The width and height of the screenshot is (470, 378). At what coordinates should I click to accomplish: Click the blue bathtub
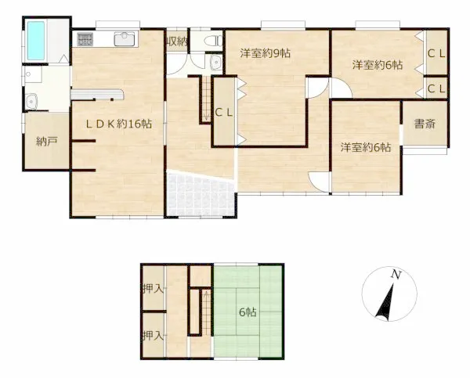(36, 41)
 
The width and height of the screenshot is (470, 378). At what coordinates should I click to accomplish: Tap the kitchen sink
(124, 39)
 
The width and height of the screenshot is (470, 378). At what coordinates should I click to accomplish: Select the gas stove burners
(85, 39)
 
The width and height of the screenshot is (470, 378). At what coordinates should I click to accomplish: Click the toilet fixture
(213, 41)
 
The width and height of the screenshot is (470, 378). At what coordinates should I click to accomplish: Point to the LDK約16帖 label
(119, 124)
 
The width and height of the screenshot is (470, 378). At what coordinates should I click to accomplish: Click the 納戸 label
(46, 142)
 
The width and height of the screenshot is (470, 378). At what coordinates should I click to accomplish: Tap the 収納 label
(176, 41)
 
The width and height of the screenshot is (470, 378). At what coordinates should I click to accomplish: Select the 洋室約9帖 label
(265, 53)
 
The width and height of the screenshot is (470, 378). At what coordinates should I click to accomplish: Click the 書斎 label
(425, 124)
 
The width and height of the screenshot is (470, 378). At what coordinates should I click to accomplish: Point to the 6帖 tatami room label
(248, 312)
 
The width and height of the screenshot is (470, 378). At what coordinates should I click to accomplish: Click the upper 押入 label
(154, 289)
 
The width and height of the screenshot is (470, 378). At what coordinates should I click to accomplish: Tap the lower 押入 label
(154, 336)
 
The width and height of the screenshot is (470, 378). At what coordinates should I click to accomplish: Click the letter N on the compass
(396, 275)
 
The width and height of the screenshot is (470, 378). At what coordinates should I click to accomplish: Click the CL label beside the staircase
(223, 113)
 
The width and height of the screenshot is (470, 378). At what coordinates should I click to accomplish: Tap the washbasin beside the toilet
(215, 61)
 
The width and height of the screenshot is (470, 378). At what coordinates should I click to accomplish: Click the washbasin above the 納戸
(31, 101)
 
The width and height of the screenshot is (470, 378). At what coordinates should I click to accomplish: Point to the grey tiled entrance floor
(201, 193)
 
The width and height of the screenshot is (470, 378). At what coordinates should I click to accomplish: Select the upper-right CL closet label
(436, 54)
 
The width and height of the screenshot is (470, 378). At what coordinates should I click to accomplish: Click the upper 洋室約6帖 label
(378, 65)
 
